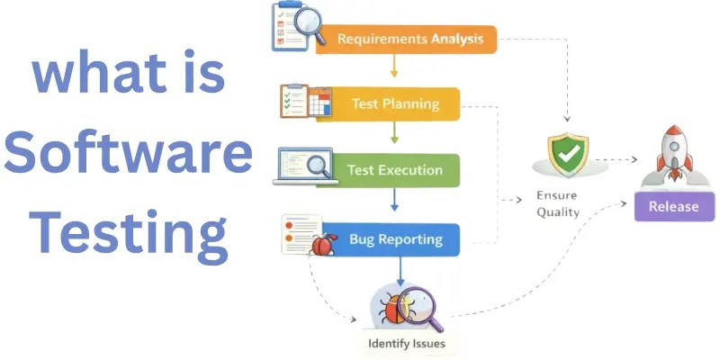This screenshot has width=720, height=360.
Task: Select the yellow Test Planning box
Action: (396, 104)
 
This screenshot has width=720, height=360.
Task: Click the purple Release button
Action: (673, 206)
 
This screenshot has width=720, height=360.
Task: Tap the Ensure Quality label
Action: (558, 203)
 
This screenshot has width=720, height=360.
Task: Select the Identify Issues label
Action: (407, 343)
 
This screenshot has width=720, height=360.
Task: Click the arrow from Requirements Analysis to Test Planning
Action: (394, 67)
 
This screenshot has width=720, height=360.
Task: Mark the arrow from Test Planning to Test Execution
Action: (394, 134)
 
